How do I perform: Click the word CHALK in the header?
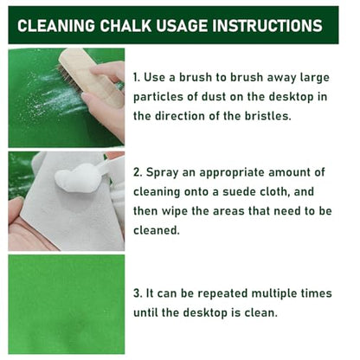pyautogui.click(x=125, y=25)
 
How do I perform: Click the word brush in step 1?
pyautogui.click(x=192, y=77)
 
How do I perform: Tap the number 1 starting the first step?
pyautogui.click(x=136, y=77)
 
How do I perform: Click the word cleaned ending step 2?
pyautogui.click(x=157, y=230)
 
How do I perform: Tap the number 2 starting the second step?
pyautogui.click(x=137, y=172)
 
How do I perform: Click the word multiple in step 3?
pyautogui.click(x=273, y=293)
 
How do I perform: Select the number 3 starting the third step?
pyautogui.click(x=137, y=293)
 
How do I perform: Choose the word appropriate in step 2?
pyautogui.click(x=232, y=173)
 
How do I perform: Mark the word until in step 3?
pyautogui.click(x=145, y=312)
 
